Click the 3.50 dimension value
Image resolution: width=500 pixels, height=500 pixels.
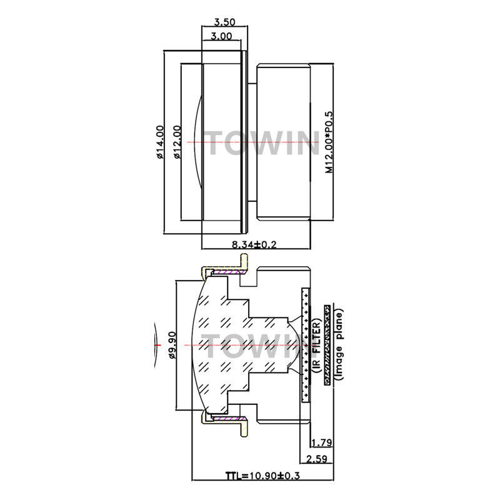click(224, 21)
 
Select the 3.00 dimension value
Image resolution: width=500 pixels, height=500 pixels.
click(222, 36)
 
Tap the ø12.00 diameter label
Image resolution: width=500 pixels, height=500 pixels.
click(177, 142)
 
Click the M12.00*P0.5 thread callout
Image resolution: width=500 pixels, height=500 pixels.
click(327, 142)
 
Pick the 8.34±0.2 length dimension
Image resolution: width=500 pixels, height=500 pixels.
click(254, 245)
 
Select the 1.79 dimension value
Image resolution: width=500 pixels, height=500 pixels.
click(321, 443)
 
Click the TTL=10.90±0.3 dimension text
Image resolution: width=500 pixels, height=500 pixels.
click(263, 476)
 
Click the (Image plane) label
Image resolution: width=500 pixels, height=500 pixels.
click(338, 342)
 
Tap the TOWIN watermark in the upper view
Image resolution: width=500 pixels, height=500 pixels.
click(263, 144)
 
